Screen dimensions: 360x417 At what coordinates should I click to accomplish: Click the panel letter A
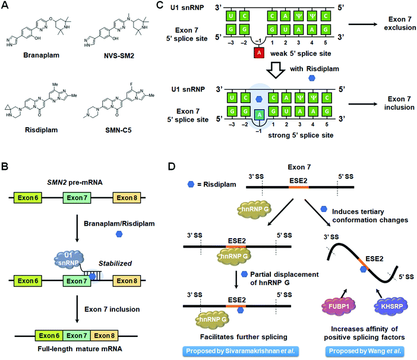pos(7,7)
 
